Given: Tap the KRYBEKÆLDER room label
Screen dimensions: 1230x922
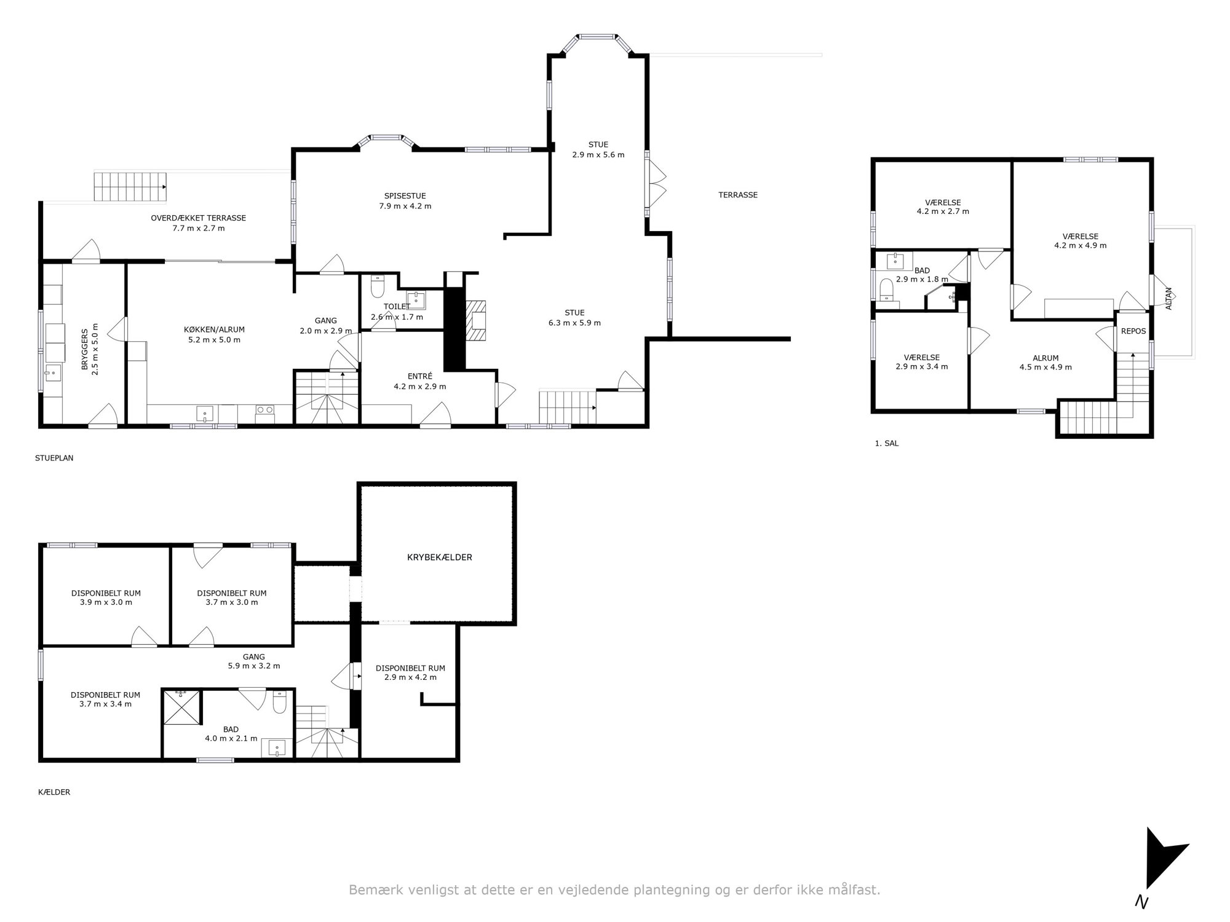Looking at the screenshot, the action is [x=439, y=558].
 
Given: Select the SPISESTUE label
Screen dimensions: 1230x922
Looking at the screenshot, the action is [x=405, y=196].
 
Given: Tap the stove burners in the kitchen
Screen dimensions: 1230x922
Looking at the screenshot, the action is [x=265, y=410].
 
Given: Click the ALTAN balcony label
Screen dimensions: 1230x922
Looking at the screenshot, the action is [x=1169, y=298].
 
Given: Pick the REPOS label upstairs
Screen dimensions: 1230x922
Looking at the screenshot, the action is [x=1133, y=331].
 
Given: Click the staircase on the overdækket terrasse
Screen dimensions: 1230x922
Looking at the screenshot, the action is [x=130, y=186].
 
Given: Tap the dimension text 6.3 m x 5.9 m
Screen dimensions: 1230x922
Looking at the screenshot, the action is [x=574, y=323].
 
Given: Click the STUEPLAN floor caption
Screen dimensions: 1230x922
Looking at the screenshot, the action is [x=54, y=458].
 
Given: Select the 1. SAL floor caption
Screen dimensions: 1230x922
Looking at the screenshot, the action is [x=886, y=443].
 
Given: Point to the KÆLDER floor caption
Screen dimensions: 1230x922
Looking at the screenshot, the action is [x=54, y=792].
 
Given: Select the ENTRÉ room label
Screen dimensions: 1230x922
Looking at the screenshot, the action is [x=420, y=376].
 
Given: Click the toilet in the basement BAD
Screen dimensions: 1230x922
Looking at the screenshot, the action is [x=279, y=702].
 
